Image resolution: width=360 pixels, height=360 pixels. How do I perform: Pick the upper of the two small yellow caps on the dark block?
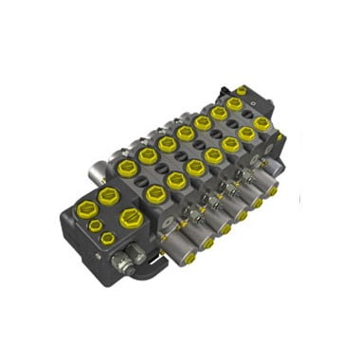tap(94, 225)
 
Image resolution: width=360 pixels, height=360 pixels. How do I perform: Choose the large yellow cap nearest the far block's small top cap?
tap(234, 103)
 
